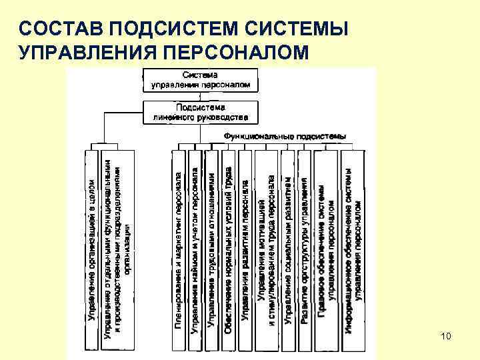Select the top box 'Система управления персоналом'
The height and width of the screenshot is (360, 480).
(200, 80)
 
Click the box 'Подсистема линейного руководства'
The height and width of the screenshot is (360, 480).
(200, 112)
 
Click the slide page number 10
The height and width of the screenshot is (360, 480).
(446, 337)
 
